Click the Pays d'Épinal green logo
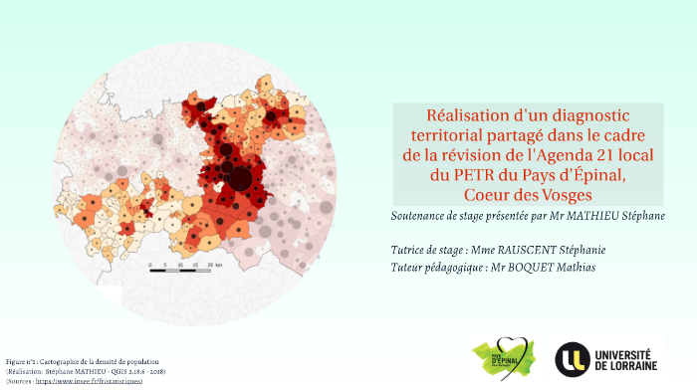tap(504, 355)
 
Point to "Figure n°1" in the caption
tap(20, 361)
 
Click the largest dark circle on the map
tap(240, 179)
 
